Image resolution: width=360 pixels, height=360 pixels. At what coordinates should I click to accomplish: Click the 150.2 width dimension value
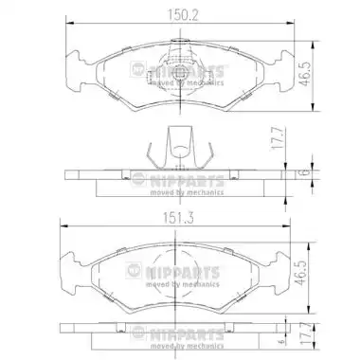[x=183, y=15]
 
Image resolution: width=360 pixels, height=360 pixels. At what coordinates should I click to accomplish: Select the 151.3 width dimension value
[x=178, y=218]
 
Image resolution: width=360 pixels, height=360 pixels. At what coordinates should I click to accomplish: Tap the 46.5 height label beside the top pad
[x=305, y=74]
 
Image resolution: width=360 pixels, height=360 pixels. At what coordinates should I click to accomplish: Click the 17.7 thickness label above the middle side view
[x=277, y=138]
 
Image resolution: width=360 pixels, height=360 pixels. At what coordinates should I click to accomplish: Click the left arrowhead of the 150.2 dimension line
[x=69, y=23]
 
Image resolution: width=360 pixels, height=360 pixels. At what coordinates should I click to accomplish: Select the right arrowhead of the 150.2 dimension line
[x=290, y=23]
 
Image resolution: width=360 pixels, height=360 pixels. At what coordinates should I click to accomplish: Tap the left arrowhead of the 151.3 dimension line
[x=64, y=225]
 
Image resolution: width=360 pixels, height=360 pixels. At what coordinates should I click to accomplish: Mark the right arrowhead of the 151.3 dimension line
[x=286, y=225]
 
